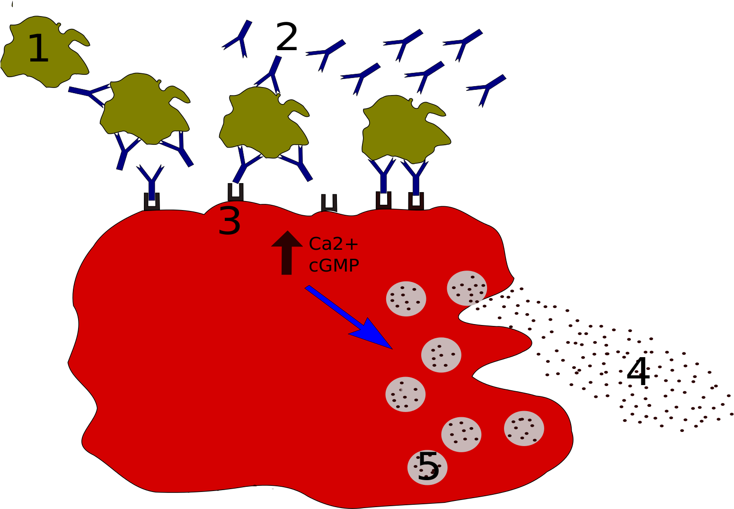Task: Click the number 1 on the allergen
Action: (x=38, y=49)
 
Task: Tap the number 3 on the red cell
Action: (x=230, y=221)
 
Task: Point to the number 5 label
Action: (x=428, y=467)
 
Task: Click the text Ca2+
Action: (x=334, y=244)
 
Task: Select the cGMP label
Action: (x=334, y=265)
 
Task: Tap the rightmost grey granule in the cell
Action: (x=524, y=428)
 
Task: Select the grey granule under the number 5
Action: (x=427, y=468)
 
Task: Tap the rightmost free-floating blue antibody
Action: (x=487, y=88)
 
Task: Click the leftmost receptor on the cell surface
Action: (x=151, y=202)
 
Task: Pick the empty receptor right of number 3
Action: (x=329, y=202)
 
